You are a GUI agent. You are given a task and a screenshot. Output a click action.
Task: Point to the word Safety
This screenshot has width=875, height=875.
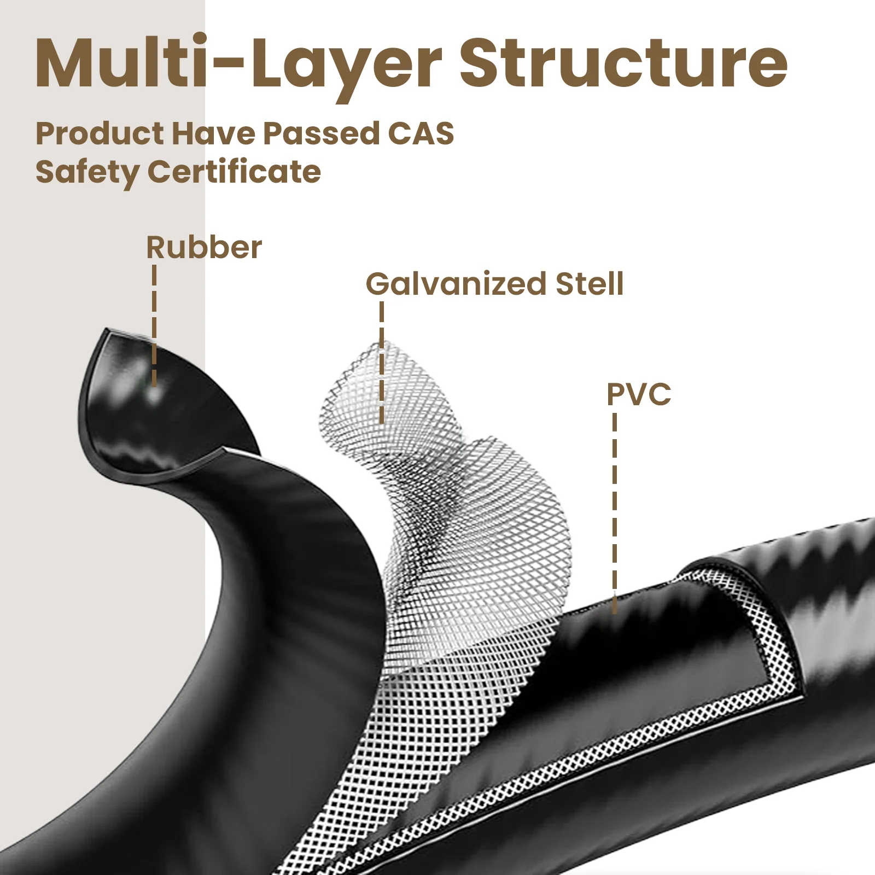[87, 173]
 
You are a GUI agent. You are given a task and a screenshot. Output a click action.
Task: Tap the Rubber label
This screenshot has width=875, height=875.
[204, 248]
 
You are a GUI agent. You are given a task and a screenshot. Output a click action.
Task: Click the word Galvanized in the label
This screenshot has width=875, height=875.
[456, 284]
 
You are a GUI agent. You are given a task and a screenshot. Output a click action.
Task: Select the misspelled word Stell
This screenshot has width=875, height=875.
[589, 284]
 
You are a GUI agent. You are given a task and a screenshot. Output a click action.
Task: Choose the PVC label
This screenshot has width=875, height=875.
[639, 394]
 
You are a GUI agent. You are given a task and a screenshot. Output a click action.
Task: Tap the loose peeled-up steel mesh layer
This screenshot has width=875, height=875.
[437, 492]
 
